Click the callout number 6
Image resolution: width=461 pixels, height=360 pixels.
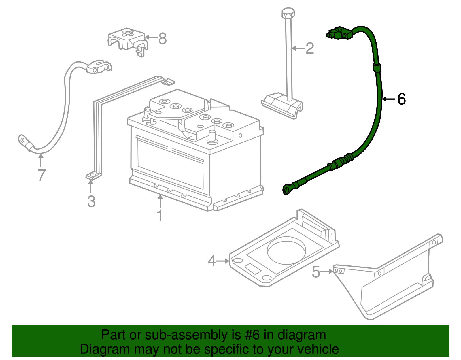coord(401,99)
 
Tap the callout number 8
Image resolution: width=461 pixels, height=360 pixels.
coord(163,38)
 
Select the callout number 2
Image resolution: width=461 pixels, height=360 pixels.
coord(309,48)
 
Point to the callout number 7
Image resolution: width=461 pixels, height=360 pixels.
coord(41,175)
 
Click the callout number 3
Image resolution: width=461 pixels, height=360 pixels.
coord(91,201)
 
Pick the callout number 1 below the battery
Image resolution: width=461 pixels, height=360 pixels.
coord(160,215)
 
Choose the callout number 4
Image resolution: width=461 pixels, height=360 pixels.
coord(212,261)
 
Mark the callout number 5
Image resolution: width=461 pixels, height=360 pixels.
coord(316,272)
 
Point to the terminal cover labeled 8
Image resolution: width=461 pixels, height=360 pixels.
coord(127,40)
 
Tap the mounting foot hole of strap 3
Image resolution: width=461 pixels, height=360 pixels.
coord(92,175)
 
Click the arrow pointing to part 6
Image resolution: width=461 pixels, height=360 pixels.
coord(389,99)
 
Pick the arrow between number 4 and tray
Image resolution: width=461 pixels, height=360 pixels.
coord(223,261)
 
